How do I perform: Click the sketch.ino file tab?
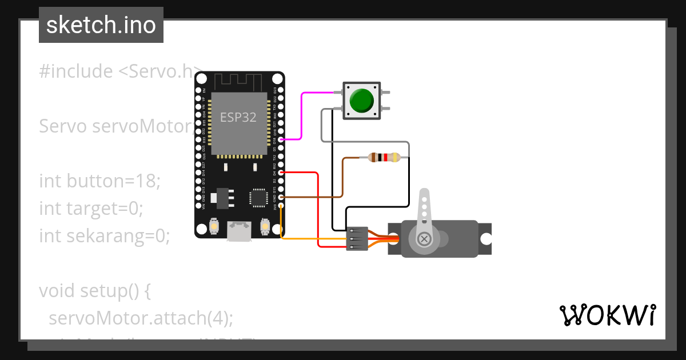pyautogui.click(x=101, y=25)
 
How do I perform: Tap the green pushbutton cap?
pyautogui.click(x=361, y=101)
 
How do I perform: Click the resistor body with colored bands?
pyautogui.click(x=384, y=157)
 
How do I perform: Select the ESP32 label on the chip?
pyautogui.click(x=238, y=118)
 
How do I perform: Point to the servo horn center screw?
pyautogui.click(x=424, y=239)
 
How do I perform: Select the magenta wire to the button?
pyautogui.click(x=302, y=114)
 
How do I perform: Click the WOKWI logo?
pyautogui.click(x=607, y=315)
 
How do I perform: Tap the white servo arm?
pyautogui.click(x=424, y=209)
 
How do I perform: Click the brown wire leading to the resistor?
pyautogui.click(x=320, y=197)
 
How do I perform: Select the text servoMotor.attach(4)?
pyautogui.click(x=141, y=318)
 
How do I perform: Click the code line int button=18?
pyautogui.click(x=100, y=181)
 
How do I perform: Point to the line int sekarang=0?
pyautogui.click(x=105, y=235)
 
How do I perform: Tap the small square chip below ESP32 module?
pyautogui.click(x=258, y=198)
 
